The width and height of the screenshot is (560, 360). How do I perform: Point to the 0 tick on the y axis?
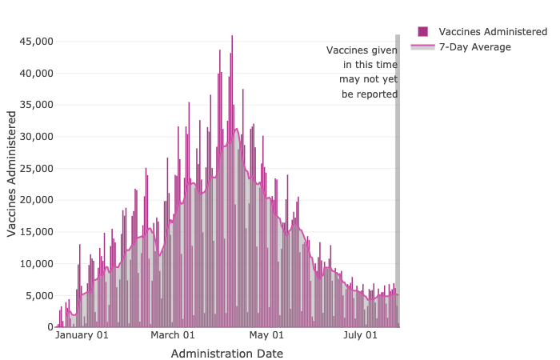50,327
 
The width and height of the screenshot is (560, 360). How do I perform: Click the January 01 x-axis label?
82,336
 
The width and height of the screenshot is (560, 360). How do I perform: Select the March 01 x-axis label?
173,336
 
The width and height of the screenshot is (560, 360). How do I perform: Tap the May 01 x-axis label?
266,336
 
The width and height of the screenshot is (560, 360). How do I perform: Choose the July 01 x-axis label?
360,336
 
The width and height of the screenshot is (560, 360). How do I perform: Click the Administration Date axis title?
226,353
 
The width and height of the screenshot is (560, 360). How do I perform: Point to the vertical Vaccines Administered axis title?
12,173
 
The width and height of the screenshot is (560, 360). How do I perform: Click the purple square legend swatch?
422,31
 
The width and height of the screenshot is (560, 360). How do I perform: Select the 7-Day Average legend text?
474,46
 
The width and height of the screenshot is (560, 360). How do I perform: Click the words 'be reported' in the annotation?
370,94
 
